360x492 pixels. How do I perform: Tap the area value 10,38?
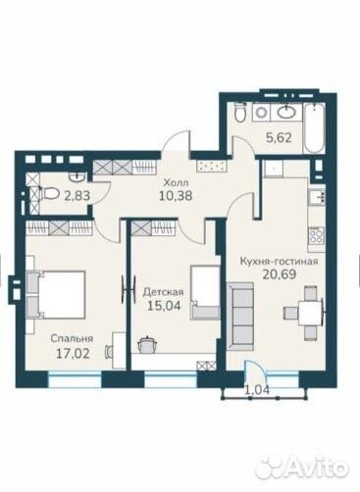176,196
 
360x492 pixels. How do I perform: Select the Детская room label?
163,292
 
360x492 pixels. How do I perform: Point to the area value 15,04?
164,306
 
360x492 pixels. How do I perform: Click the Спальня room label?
72,339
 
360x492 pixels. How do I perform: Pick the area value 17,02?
73,354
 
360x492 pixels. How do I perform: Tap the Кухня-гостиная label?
280,262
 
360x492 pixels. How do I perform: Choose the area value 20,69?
280,274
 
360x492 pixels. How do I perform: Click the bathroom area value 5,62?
279,138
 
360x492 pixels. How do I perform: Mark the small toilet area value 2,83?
77,196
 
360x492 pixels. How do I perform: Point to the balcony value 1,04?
257,389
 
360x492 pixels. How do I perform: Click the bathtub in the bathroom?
315,128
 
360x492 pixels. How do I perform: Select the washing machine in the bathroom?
261,113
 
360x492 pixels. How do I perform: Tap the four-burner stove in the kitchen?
316,235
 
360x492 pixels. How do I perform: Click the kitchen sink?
317,197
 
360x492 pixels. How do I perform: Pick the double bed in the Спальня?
56,294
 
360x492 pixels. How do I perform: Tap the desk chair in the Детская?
147,345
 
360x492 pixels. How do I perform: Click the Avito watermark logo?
301,466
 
